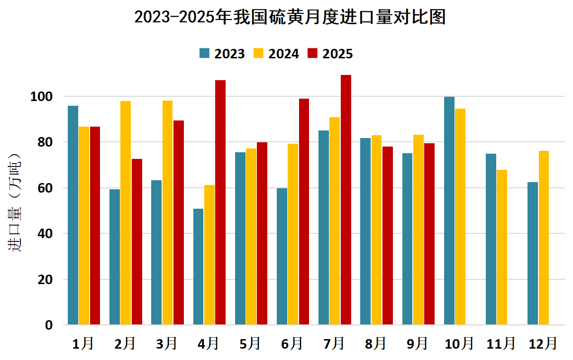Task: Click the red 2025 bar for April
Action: (220, 203)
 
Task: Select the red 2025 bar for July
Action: (346, 200)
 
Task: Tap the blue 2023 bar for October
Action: (449, 211)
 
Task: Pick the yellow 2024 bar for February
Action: (126, 213)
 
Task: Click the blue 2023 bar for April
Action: (198, 267)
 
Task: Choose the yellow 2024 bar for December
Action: (544, 238)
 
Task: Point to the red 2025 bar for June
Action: (304, 212)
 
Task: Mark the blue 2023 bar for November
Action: (491, 239)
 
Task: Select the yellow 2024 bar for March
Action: (167, 212)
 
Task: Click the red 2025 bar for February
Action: (137, 242)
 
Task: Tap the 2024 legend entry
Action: (276, 54)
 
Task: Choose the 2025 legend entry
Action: (330, 54)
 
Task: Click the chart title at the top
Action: (290, 17)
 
